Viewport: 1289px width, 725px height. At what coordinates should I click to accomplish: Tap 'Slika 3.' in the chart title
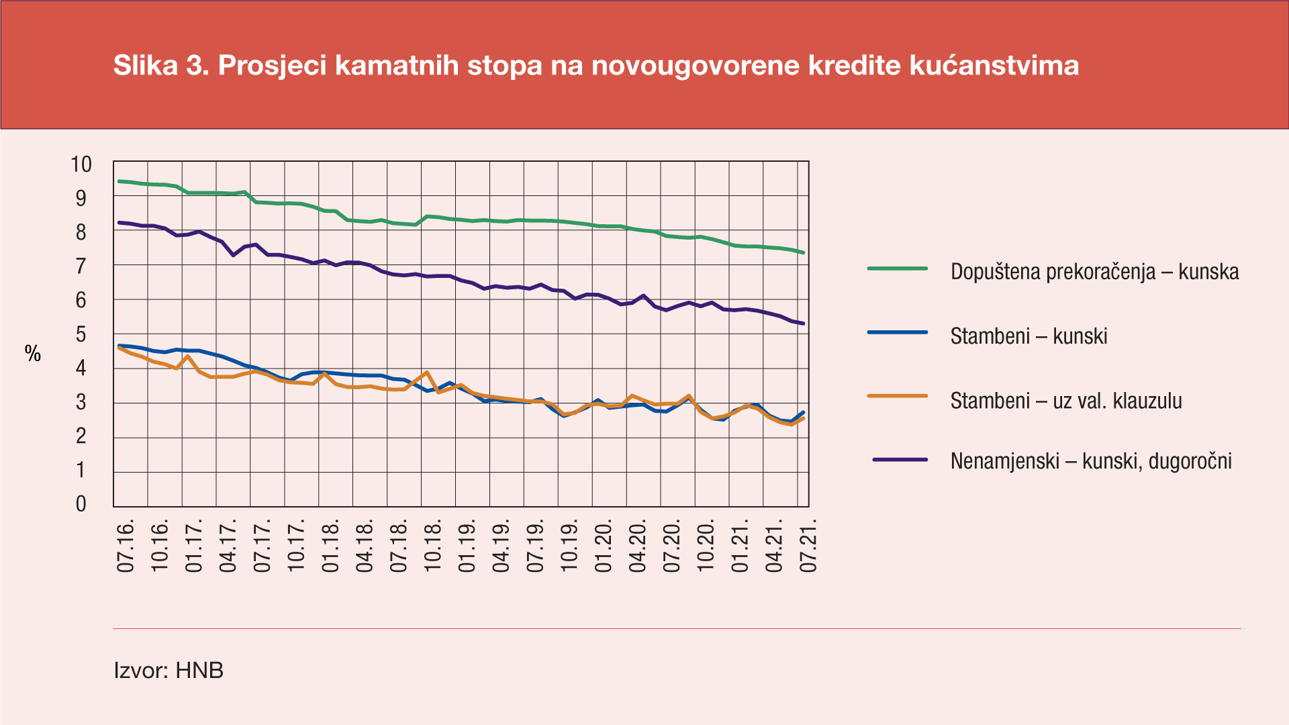(161, 66)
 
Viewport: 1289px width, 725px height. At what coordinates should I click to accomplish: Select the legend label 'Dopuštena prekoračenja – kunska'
(1094, 272)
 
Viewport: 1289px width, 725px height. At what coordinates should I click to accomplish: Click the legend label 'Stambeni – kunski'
(1029, 336)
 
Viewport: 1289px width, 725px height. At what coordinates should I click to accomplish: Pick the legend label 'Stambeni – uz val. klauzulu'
(1066, 401)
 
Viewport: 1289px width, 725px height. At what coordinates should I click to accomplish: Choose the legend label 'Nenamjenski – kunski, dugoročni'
(1091, 461)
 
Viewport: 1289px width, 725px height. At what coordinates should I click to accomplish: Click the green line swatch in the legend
(897, 269)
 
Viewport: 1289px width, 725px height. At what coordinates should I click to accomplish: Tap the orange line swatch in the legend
(897, 396)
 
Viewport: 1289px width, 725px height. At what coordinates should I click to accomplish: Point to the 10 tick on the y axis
(81, 164)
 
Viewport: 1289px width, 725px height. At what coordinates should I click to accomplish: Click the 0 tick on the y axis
(81, 503)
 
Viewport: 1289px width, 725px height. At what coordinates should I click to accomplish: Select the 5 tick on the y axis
(81, 334)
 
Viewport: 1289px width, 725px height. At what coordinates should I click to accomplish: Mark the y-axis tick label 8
(81, 232)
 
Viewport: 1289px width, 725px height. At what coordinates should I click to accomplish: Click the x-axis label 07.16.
(126, 545)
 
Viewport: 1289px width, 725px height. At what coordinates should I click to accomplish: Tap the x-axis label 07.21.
(808, 545)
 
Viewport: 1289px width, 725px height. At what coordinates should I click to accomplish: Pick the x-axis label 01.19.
(467, 545)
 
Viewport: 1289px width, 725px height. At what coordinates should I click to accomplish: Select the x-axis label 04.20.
(637, 545)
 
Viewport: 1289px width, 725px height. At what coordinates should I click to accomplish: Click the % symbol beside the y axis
(33, 354)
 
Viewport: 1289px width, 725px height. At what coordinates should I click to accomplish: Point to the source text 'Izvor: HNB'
(169, 670)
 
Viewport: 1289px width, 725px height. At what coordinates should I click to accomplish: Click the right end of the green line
(803, 252)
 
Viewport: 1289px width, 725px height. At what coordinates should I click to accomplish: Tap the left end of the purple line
(120, 222)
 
